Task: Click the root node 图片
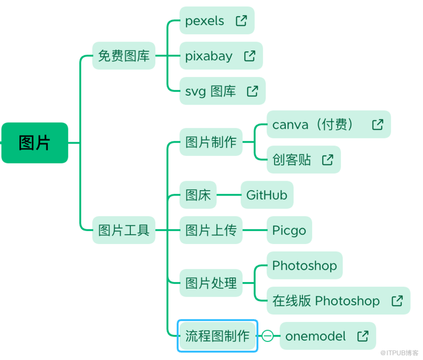pos(35,143)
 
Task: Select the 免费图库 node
pos(124,56)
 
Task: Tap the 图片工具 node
pos(124,230)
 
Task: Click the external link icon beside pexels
pos(241,20)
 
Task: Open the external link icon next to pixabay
pos(250,56)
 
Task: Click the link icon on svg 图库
pos(252,91)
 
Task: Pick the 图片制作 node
pos(211,142)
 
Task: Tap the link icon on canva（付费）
pos(377,125)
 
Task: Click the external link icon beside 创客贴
pos(327,160)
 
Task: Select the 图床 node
pos(198,195)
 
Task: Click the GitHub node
pos(267,195)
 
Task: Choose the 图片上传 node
pos(211,230)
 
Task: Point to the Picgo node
pos(289,230)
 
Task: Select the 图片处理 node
pos(211,283)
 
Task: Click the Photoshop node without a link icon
pos(304,265)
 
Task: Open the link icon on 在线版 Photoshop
pos(397,301)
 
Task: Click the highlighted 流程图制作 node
pos(217,336)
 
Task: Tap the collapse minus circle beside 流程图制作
pos(268,336)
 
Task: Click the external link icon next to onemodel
pos(363,336)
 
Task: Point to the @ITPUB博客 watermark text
pos(399,353)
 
